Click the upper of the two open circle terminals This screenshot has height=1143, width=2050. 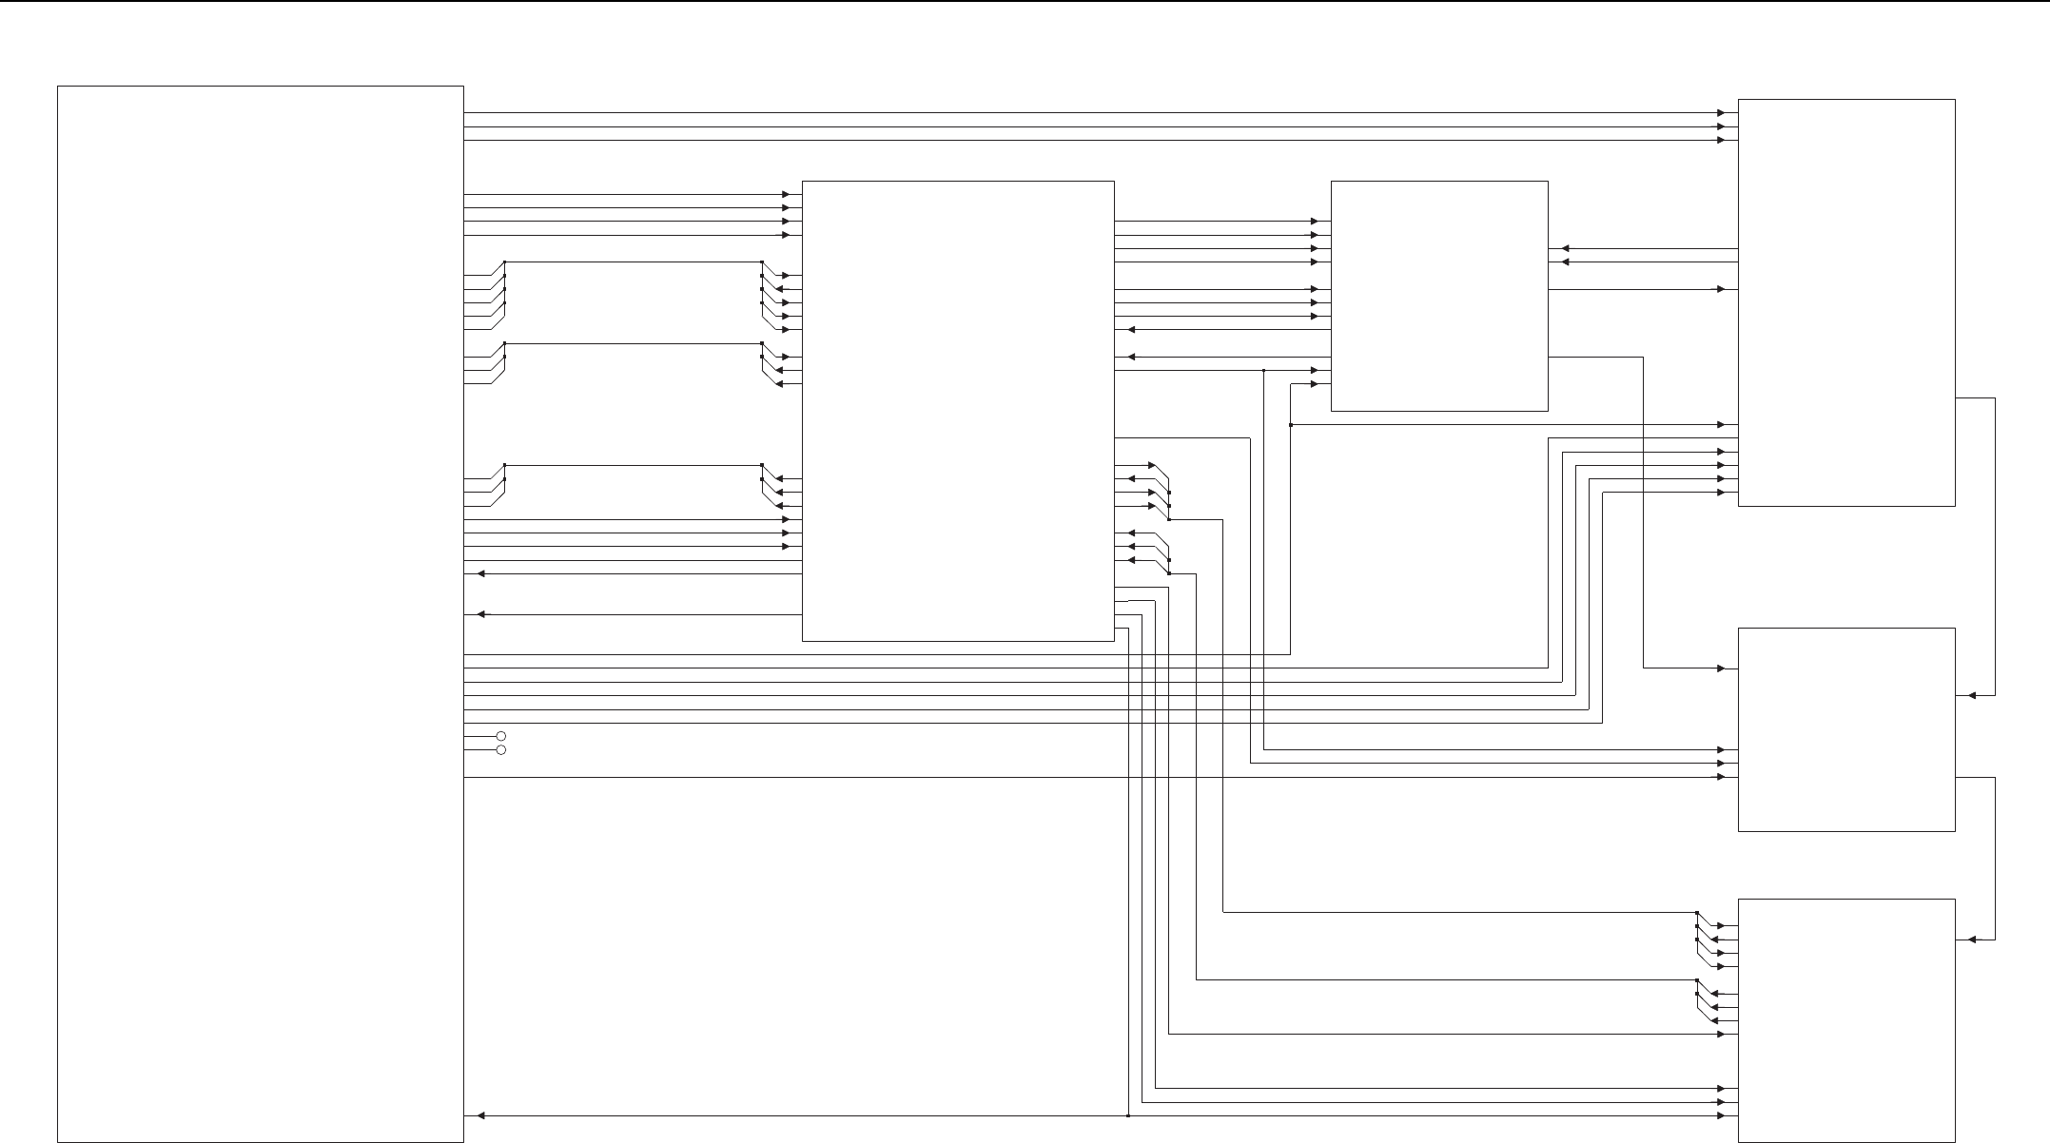coord(501,736)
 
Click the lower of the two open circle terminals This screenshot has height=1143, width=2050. coord(501,750)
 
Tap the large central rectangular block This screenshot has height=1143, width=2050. coord(958,411)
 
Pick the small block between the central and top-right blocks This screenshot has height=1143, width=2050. coord(1438,296)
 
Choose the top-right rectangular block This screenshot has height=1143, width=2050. coord(1846,302)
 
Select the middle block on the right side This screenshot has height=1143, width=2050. coord(1846,729)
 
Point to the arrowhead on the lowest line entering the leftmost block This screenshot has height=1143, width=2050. coord(481,1115)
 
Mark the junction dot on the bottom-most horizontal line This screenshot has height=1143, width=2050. coord(1127,1115)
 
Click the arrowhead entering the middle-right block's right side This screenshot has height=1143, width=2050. coord(1973,695)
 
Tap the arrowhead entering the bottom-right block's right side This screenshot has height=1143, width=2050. coord(1973,940)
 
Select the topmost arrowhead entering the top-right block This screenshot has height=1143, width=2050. coord(1721,112)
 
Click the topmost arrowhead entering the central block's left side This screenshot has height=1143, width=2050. coord(786,194)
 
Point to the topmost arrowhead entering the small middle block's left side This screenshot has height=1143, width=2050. coord(1315,222)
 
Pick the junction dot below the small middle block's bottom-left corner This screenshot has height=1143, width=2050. coord(1291,424)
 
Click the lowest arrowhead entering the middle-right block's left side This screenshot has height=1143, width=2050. coord(1721,777)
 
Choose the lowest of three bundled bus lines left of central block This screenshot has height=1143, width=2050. coord(633,465)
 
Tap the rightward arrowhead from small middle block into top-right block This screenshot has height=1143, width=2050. coord(1721,289)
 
